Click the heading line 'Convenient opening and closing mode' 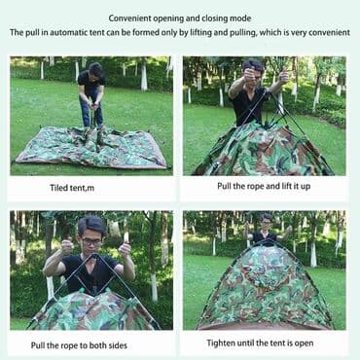point(180,18)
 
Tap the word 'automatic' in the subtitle point(67,32)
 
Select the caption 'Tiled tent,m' point(72,188)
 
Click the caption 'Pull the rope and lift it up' point(264,187)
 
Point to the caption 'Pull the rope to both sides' point(79,345)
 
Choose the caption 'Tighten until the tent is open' point(260,343)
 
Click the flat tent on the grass point(92,147)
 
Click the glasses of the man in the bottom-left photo point(91,241)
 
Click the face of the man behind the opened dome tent point(267,225)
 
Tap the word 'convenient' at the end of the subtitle point(329,32)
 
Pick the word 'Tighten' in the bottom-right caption point(221,343)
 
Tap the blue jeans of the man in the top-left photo point(91,108)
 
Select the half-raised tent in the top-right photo point(262,149)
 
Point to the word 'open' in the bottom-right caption point(305,343)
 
